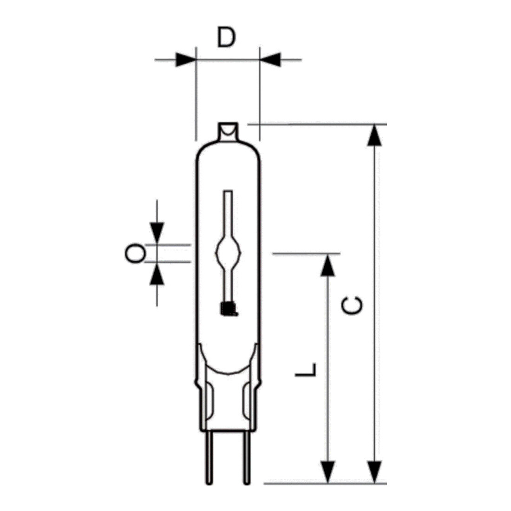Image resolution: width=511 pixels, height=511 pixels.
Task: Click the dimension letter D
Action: click(226, 38)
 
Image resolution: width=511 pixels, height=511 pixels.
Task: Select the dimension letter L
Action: click(306, 370)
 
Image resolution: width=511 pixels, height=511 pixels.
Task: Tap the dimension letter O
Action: click(135, 254)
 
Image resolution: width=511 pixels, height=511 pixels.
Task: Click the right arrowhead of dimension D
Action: click(270, 59)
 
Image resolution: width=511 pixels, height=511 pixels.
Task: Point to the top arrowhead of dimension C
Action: click(374, 135)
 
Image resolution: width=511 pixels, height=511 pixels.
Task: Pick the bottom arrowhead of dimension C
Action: click(374, 472)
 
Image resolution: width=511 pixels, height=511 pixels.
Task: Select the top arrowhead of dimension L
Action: click(328, 265)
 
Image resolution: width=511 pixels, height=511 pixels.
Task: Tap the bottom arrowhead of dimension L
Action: click(328, 472)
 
